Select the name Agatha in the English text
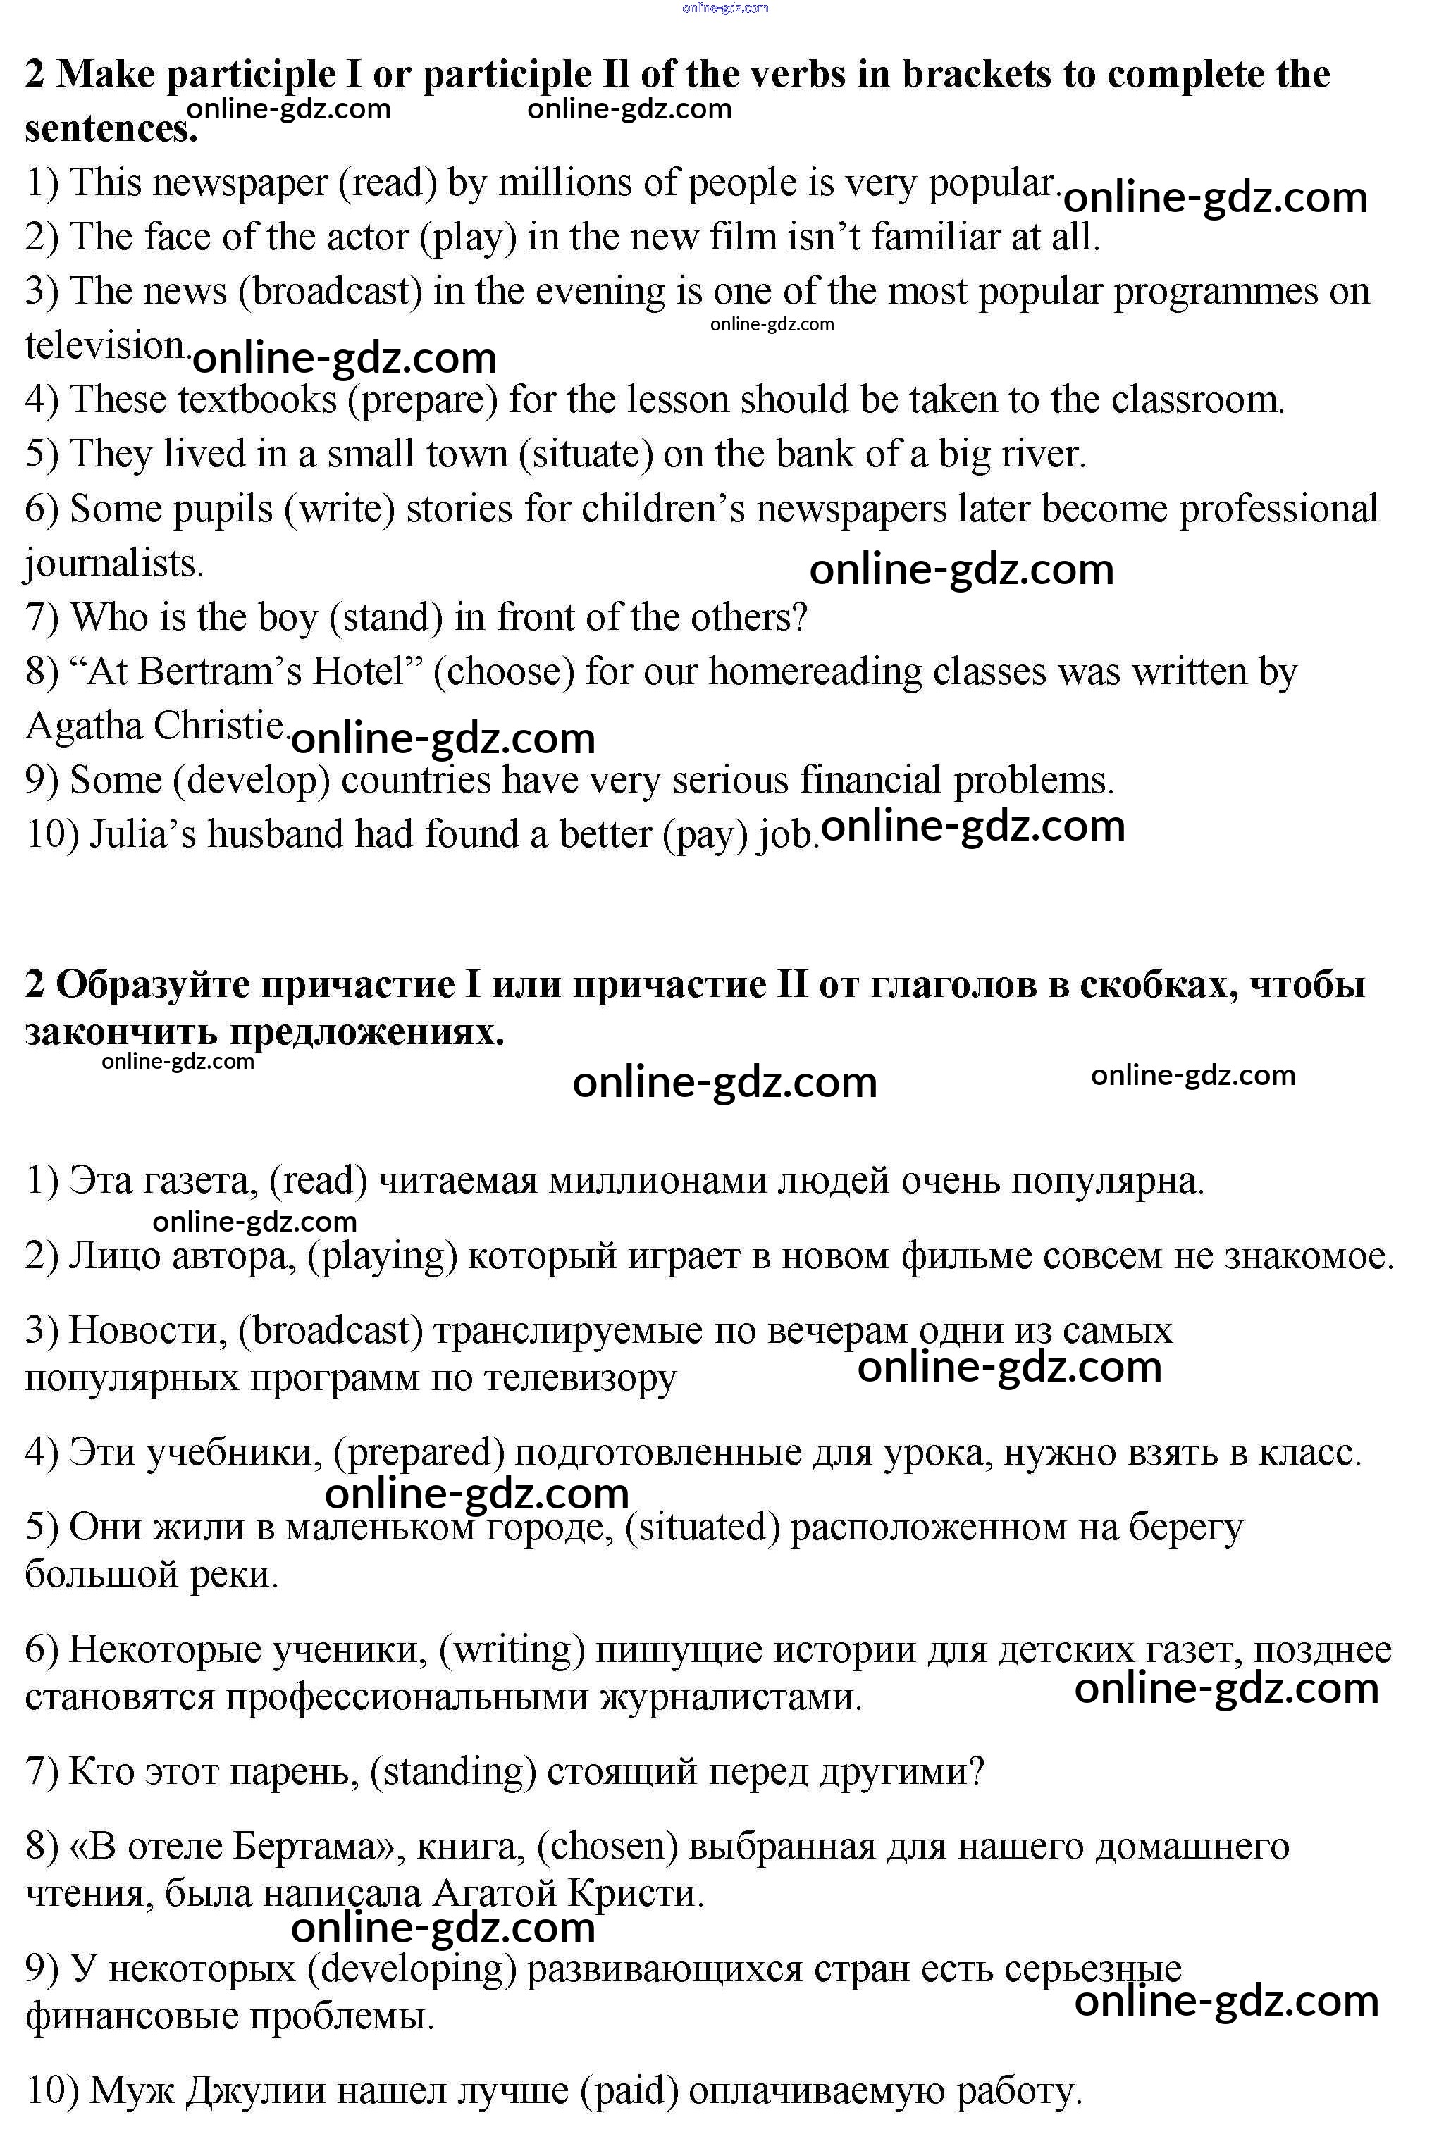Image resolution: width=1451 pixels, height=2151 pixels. [83, 725]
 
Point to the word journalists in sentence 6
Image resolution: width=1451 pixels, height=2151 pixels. [113, 564]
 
